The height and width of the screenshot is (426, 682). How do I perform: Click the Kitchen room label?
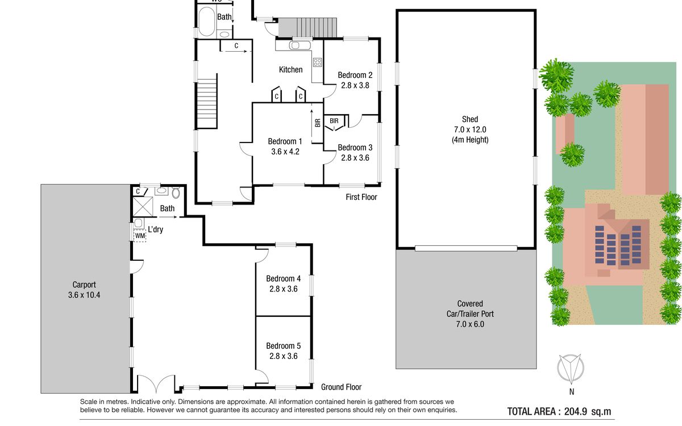(291, 70)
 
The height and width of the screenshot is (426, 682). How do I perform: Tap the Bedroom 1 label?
(285, 141)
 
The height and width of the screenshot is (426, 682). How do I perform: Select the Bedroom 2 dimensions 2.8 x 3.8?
(355, 86)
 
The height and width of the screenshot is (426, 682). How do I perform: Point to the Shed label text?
(470, 119)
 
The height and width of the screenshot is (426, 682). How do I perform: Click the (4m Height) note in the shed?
(470, 140)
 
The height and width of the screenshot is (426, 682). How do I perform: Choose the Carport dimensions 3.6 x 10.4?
(84, 295)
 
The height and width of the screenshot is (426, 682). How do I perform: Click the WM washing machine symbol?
(140, 236)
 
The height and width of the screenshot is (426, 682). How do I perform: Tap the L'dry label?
(156, 229)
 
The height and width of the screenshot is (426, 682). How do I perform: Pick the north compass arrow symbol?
(571, 369)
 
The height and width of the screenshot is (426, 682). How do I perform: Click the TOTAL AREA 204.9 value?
(575, 411)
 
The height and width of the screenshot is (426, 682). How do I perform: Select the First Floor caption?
(361, 197)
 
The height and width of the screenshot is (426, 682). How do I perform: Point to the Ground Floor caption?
(342, 387)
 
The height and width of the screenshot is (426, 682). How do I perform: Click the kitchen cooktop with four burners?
(317, 62)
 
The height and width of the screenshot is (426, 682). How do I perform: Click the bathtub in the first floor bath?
(207, 22)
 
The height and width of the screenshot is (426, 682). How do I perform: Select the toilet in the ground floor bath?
(176, 193)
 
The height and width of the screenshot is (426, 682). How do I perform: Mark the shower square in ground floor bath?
(143, 207)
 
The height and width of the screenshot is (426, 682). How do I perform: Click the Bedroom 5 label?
(283, 346)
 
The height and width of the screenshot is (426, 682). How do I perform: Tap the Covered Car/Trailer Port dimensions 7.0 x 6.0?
(470, 324)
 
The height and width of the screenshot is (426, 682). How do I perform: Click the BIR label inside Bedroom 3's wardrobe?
(334, 121)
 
